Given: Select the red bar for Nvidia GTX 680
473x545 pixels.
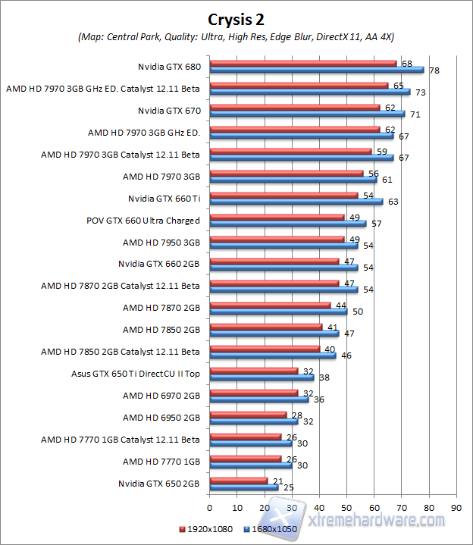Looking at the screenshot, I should pos(303,63).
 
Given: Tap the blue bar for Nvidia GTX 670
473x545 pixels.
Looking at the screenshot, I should pos(307,114).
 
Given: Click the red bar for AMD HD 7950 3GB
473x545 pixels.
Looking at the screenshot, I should pos(277,239).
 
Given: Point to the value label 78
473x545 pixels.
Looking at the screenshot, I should pos(434,70).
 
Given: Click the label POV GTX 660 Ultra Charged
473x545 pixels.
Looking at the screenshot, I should pos(143,221).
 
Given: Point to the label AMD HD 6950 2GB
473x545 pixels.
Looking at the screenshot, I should pos(161,417).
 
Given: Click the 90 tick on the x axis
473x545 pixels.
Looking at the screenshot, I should pos(456,507).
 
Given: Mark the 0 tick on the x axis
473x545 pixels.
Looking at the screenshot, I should pos(209,507).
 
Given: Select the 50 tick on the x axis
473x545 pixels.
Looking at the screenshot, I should pos(346,507).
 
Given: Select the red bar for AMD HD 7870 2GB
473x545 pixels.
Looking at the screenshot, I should pos(270,305).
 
